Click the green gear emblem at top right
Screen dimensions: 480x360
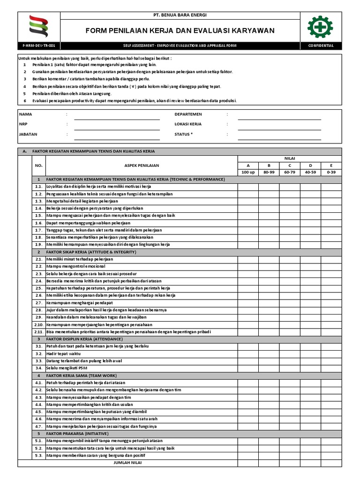tap(321, 27)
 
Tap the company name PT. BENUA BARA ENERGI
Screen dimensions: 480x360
tap(180, 15)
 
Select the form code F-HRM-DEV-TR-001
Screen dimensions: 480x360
tap(39, 46)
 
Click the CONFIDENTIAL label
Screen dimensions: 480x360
tap(321, 46)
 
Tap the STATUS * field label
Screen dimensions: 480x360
tap(183, 134)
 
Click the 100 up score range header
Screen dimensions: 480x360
tap(248, 172)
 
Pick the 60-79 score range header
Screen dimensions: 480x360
tap(290, 172)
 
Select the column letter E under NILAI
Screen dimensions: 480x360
tap(331, 165)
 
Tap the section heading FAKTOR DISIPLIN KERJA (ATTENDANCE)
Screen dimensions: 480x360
tap(84, 339)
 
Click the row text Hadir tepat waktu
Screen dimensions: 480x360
tap(63, 353)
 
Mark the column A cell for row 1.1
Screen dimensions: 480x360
tap(248, 187)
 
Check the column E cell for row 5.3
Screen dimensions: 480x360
tap(331, 455)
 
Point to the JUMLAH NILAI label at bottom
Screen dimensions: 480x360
tap(127, 463)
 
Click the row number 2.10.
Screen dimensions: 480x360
tap(38, 324)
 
